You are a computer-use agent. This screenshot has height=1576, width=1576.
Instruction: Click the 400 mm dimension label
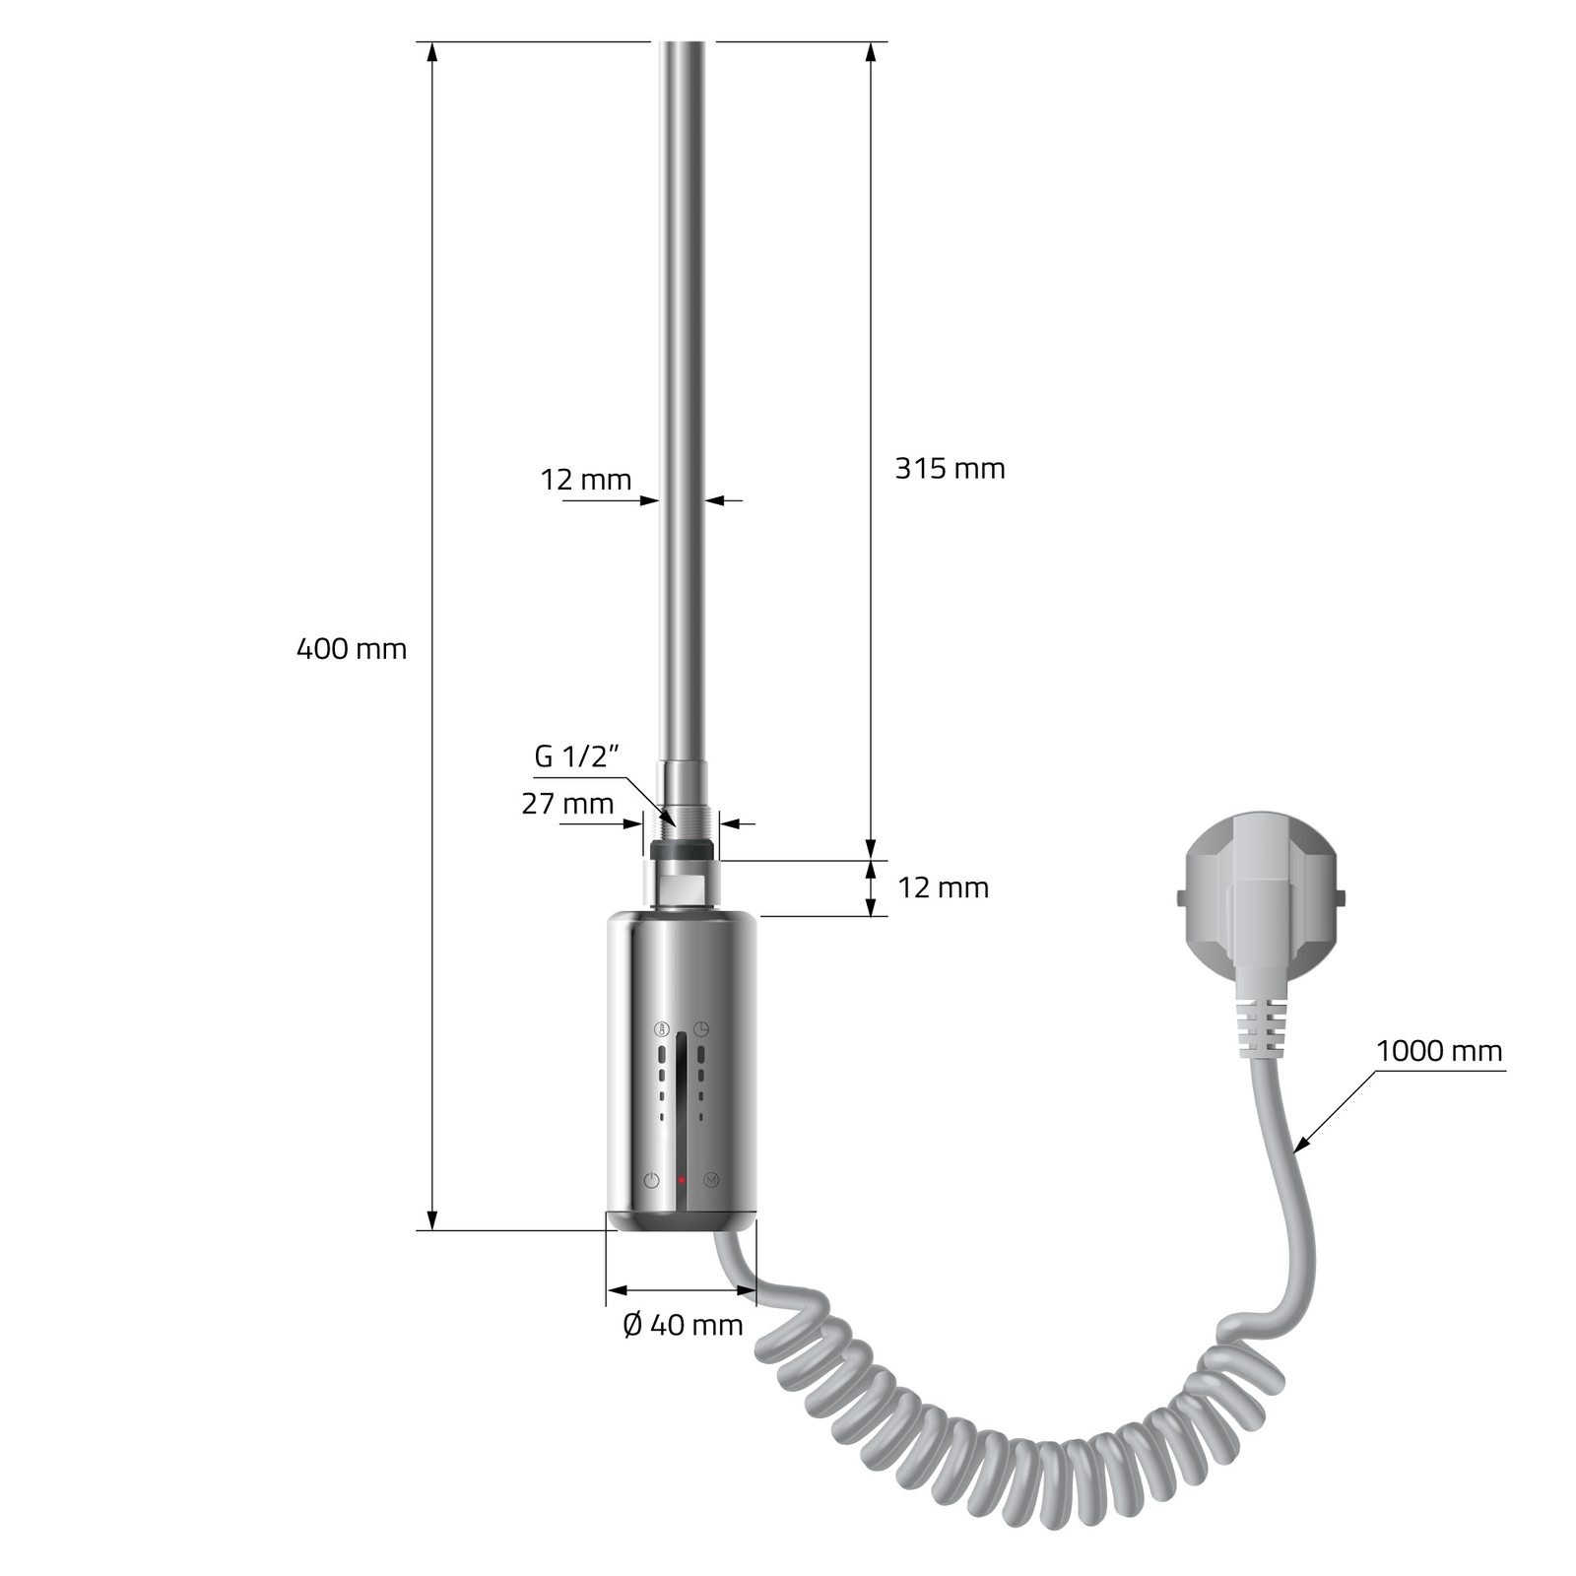351,650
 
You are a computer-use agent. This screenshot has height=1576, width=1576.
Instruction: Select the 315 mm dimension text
950,469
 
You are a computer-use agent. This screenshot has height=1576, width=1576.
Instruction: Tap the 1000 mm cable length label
1439,1052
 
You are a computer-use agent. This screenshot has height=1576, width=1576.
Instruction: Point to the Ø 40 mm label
683,1326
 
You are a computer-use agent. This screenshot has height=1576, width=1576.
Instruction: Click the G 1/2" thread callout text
576,757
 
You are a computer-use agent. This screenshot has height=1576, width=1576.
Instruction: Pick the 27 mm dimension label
567,805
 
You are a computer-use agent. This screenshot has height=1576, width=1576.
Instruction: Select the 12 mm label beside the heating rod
585,481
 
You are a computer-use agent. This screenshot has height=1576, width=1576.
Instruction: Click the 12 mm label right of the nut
943,888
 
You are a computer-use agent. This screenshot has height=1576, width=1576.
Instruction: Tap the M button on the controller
711,1179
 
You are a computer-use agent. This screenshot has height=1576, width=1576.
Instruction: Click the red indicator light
681,1179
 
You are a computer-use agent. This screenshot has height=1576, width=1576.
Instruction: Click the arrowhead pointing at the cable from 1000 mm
1298,1148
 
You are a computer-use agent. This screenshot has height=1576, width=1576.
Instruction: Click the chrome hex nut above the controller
682,884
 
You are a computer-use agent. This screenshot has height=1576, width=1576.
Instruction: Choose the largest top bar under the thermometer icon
661,1053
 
